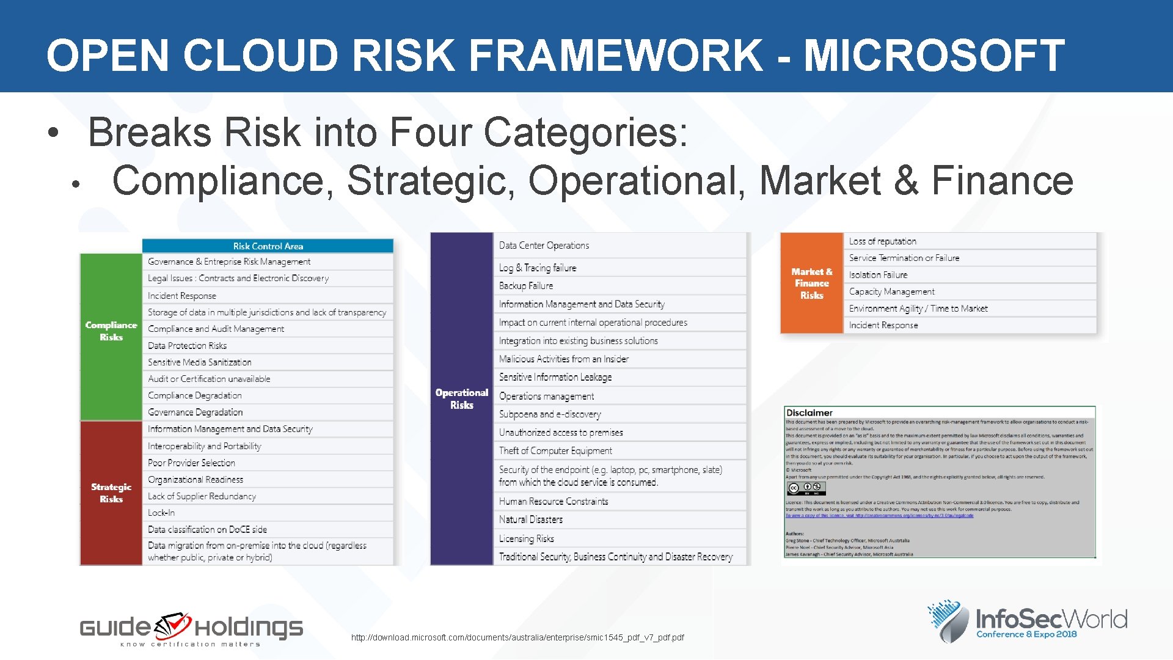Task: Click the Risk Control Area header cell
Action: coord(268,246)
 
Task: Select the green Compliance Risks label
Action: coord(111,331)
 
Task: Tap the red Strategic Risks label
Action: coord(111,493)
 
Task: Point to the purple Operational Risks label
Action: coord(461,398)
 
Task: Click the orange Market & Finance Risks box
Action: coord(811,284)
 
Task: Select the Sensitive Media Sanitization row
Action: coord(199,362)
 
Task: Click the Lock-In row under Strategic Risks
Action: coord(161,513)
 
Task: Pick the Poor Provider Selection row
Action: coord(191,463)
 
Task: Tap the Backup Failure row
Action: coord(526,286)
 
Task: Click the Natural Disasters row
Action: coord(530,519)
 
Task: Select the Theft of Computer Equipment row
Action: coord(555,451)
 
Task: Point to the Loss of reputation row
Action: coord(882,241)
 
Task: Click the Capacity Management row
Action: coord(891,291)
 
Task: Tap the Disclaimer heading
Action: coord(809,413)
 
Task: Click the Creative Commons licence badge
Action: coord(806,488)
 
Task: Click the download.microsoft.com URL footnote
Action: coord(517,637)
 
